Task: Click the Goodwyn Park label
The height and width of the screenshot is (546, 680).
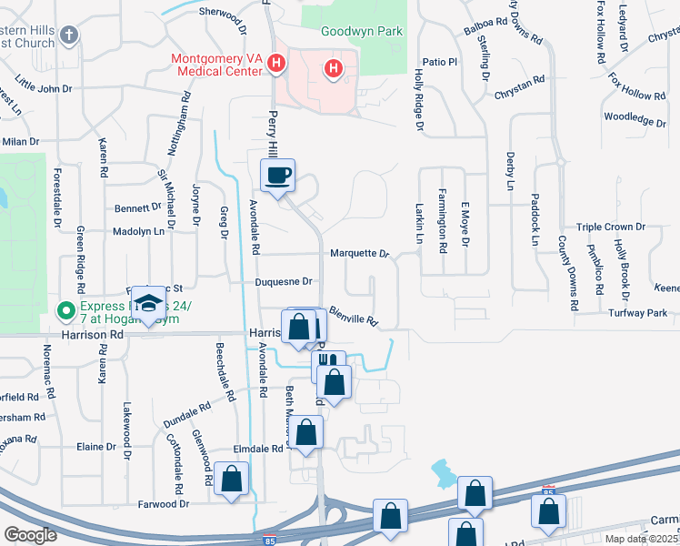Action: (x=362, y=31)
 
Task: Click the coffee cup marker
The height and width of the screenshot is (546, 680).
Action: (x=278, y=175)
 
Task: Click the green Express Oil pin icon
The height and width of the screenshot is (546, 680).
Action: (x=65, y=312)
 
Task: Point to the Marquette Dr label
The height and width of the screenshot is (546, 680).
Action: (x=359, y=254)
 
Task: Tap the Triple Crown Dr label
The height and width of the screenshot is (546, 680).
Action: (x=610, y=227)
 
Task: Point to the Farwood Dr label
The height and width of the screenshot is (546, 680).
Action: (x=163, y=503)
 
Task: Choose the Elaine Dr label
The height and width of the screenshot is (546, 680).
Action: (x=95, y=447)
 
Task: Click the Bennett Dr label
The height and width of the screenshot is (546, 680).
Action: (x=137, y=208)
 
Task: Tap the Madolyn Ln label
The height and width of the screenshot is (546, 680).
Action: (x=138, y=232)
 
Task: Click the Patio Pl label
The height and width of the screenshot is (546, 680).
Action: (x=438, y=62)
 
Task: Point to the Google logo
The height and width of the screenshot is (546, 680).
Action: (x=31, y=535)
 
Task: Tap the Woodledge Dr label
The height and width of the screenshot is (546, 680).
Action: (x=635, y=118)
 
